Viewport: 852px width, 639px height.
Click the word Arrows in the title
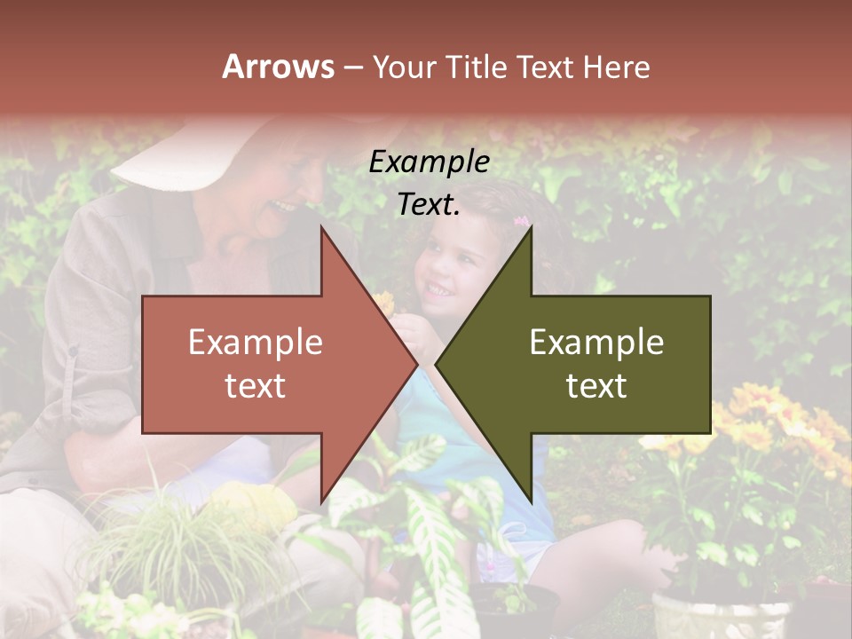pos(279,67)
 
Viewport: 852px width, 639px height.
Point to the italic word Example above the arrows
pos(429,162)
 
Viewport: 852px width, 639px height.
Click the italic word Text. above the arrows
pos(429,205)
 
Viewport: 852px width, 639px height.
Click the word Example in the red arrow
pos(256,342)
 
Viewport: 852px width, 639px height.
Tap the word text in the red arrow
pos(256,385)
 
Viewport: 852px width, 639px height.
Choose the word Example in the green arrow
pos(596,342)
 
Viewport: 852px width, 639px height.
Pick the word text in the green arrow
pos(596,385)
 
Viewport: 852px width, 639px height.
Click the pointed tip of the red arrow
pos(416,364)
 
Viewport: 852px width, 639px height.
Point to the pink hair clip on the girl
pos(521,220)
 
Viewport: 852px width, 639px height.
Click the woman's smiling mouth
pos(282,207)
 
